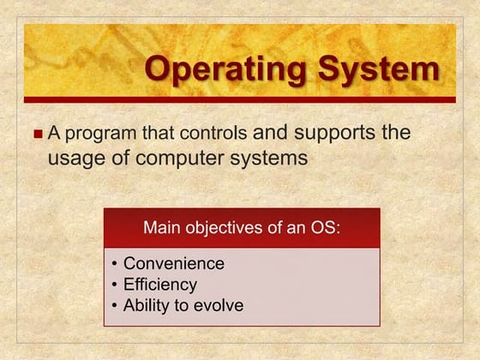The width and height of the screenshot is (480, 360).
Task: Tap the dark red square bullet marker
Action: [37, 135]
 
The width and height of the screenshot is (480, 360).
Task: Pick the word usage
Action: [72, 159]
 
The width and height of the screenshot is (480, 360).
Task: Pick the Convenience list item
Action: [174, 263]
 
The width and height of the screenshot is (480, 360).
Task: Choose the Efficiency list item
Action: [160, 284]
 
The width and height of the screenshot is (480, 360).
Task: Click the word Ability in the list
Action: [147, 305]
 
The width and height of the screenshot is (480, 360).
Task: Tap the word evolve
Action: [218, 305]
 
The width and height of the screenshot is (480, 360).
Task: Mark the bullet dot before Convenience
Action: [115, 264]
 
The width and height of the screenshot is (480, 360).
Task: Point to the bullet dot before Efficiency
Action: [115, 285]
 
